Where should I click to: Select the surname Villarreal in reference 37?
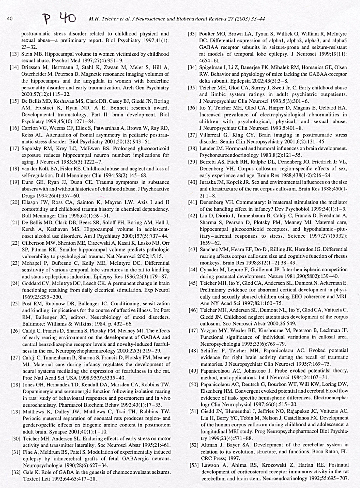210,135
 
